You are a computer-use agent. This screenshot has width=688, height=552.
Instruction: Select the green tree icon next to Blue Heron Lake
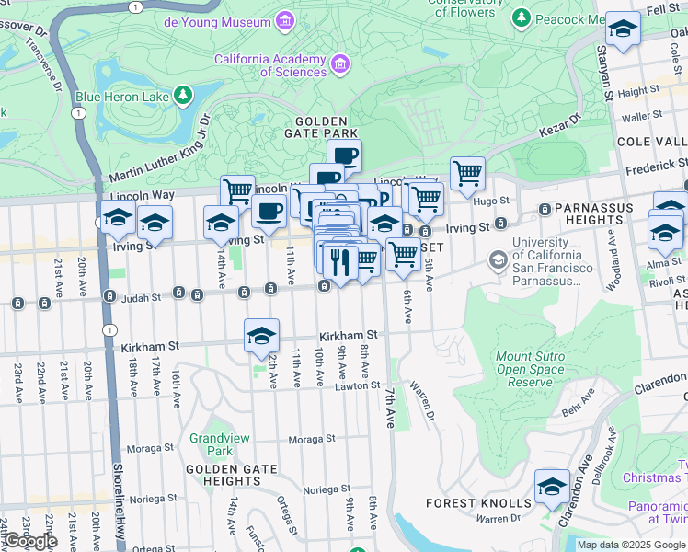184,95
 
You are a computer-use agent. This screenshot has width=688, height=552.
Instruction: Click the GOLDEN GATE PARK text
321,128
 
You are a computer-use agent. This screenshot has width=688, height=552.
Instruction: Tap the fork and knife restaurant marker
340,262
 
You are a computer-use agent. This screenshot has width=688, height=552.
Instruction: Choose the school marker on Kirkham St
262,337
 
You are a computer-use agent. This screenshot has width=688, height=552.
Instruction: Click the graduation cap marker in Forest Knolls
553,487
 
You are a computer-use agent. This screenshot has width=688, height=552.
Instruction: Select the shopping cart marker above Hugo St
467,173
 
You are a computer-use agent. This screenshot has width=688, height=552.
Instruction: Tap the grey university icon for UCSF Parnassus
498,261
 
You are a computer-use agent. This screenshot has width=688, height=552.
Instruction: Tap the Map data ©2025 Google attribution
631,545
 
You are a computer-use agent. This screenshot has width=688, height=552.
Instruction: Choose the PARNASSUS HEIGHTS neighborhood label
589,214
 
